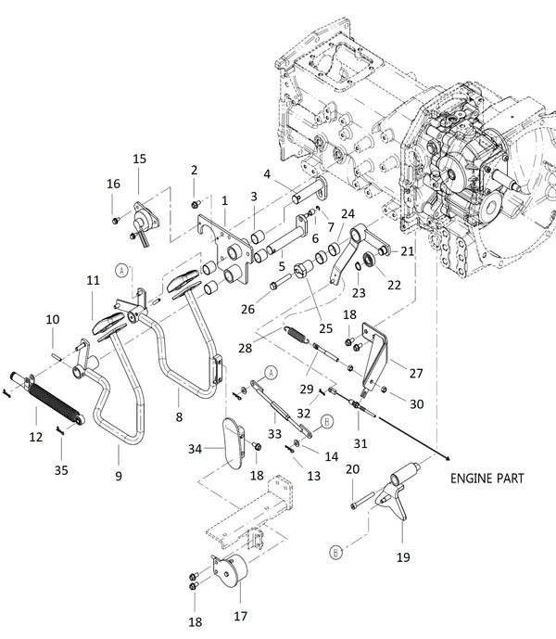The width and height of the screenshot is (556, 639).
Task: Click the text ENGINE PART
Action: pyautogui.click(x=487, y=479)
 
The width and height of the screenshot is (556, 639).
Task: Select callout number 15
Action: pyautogui.click(x=139, y=160)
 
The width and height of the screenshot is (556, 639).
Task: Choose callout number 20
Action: pyautogui.click(x=352, y=469)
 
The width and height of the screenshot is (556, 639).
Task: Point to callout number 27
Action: pyautogui.click(x=415, y=373)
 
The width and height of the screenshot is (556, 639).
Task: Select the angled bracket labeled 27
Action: pyautogui.click(x=376, y=353)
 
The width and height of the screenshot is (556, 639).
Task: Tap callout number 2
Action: pyautogui.click(x=195, y=170)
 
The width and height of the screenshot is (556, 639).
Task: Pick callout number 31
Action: pyautogui.click(x=360, y=443)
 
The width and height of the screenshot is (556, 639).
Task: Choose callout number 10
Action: pyautogui.click(x=52, y=319)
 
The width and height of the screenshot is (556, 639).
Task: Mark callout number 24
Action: pyautogui.click(x=347, y=214)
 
